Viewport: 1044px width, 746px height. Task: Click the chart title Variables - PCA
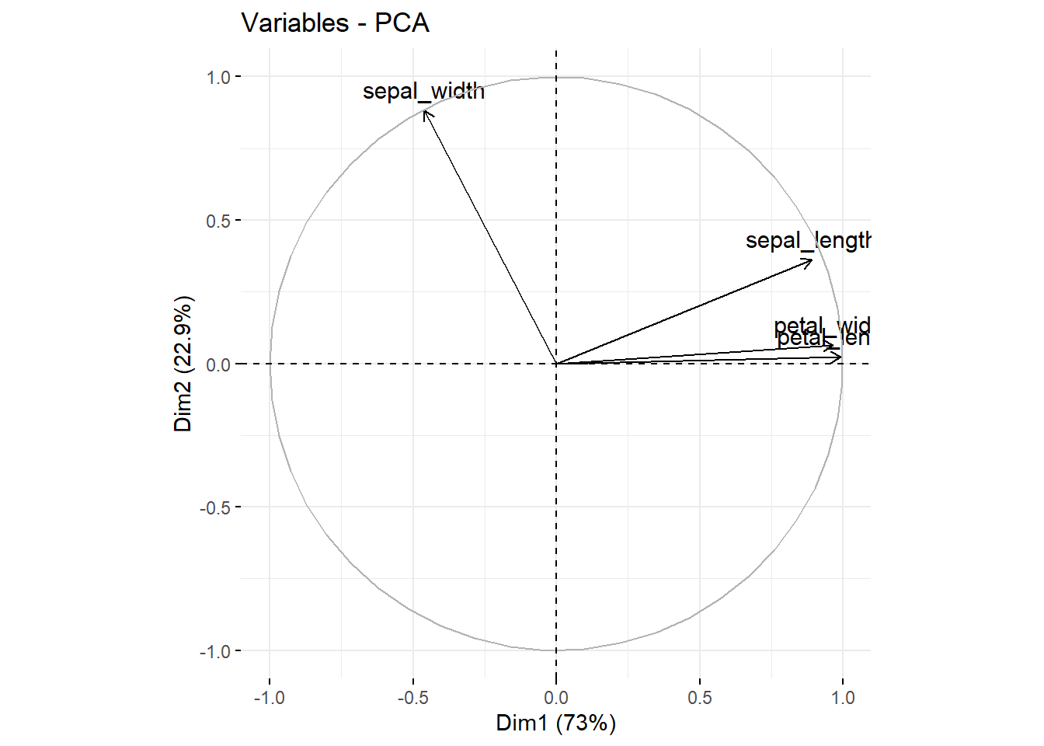tap(335, 23)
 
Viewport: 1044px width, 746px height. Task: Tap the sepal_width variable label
tap(423, 92)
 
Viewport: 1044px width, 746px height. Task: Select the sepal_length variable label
tap(808, 241)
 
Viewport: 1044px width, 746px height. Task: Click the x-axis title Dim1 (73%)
tap(555, 723)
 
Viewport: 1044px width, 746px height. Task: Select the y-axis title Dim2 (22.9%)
tap(183, 364)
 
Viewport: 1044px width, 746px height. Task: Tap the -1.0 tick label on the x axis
tap(269, 698)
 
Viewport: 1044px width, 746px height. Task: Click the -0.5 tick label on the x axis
tap(412, 698)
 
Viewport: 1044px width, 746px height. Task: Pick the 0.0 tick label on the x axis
tap(556, 698)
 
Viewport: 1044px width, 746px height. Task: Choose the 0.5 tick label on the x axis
tap(699, 698)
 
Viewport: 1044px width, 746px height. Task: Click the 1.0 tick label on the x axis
tap(843, 698)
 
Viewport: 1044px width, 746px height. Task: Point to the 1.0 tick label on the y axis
tap(218, 77)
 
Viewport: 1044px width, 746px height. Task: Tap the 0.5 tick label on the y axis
tap(218, 221)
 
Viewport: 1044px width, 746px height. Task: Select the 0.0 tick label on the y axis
tap(218, 364)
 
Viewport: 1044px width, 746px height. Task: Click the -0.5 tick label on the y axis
tap(216, 507)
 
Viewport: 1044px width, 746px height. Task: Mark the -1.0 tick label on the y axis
tap(216, 651)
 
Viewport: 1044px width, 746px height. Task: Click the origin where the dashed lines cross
tap(556, 364)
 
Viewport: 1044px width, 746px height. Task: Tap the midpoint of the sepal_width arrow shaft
tap(490, 237)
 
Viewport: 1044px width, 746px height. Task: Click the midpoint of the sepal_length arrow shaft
tap(684, 312)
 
